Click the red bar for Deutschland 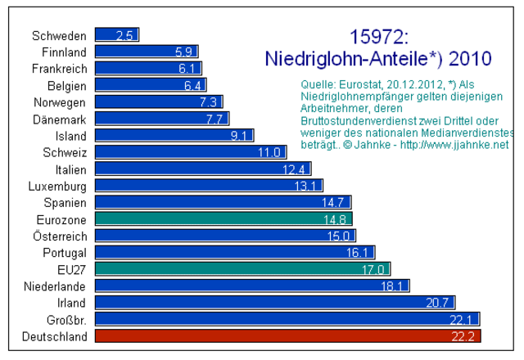(287, 335)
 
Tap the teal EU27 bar (242, 268)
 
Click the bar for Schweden (116, 35)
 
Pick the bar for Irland (274, 302)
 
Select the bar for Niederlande (252, 286)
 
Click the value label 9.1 (241, 135)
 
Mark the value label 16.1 (361, 252)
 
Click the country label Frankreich (59, 69)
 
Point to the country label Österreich (59, 236)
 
